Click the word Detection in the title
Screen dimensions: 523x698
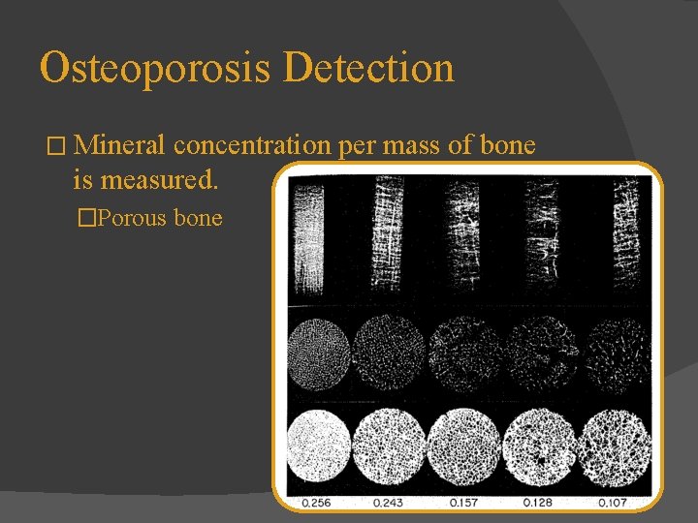(370, 69)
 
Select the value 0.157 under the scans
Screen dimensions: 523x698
(464, 502)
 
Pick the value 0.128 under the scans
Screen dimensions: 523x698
(539, 502)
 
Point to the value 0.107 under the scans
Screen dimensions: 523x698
(613, 502)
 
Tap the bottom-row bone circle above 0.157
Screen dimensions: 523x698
(464, 453)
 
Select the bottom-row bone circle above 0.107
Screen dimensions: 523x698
(613, 453)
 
